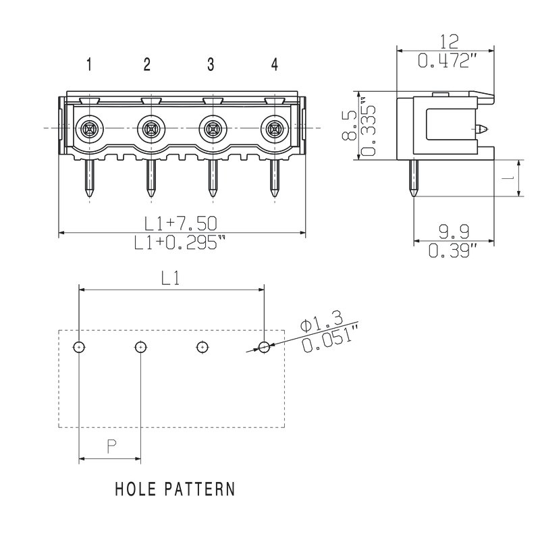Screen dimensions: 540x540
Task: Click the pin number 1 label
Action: pos(89,65)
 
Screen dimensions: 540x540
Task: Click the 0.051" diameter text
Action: pos(331,339)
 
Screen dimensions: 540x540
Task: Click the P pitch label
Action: pos(111,447)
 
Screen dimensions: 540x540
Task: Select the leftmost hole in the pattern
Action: pos(80,347)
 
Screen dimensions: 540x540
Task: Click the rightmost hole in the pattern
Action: pos(264,347)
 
